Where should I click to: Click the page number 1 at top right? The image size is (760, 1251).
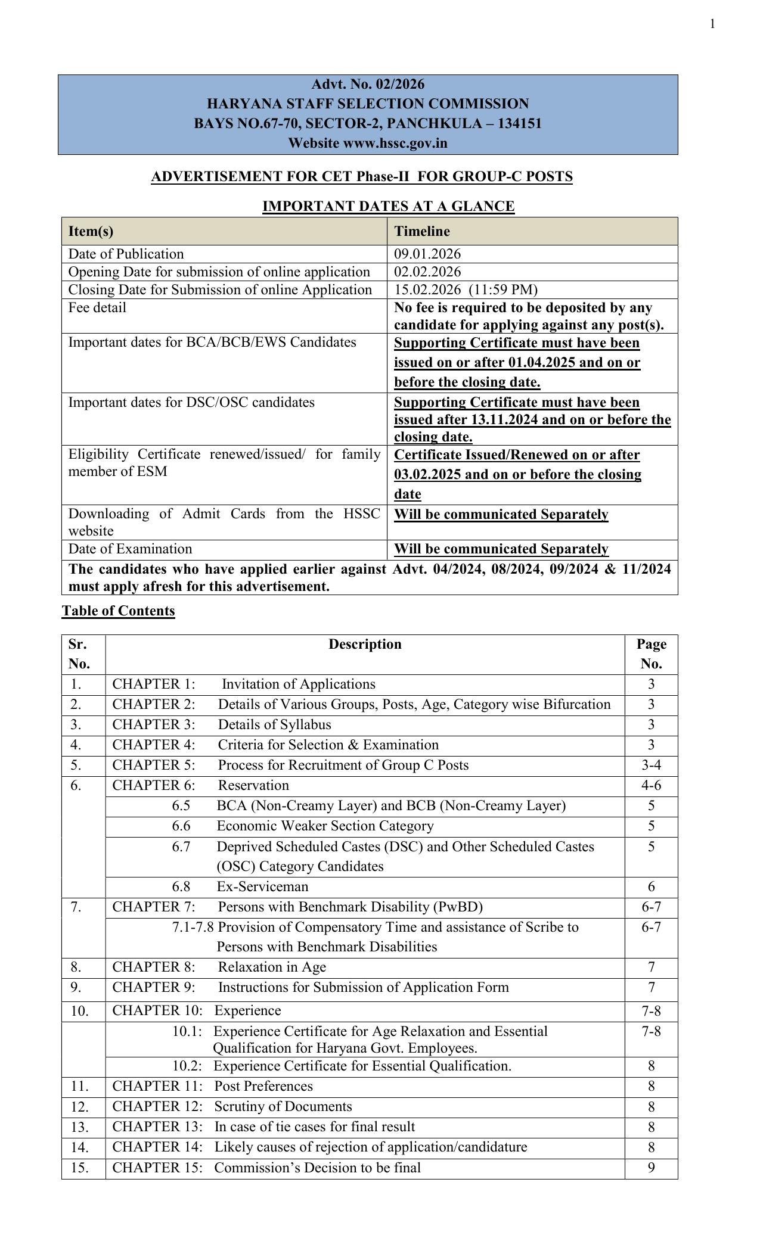712,24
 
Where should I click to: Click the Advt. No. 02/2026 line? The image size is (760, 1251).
368,84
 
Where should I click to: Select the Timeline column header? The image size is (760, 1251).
422,231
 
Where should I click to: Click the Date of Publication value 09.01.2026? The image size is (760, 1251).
427,254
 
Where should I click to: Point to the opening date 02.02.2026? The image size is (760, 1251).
427,272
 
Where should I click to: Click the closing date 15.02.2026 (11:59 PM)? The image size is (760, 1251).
466,290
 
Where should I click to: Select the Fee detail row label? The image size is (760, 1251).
97,307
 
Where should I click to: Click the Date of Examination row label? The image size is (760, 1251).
130,549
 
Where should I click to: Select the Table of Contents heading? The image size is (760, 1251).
118,611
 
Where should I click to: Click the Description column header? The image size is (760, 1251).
365,644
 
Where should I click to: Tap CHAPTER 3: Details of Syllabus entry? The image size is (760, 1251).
221,724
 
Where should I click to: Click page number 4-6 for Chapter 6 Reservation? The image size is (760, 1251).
651,785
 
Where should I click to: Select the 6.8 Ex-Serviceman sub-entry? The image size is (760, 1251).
240,886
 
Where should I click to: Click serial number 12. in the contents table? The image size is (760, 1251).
79,1107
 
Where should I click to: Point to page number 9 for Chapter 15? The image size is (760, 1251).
651,1168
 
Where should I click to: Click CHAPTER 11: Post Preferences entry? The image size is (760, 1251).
212,1086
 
